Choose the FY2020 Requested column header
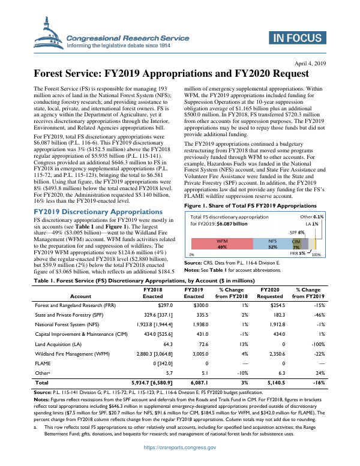click(269, 293)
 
